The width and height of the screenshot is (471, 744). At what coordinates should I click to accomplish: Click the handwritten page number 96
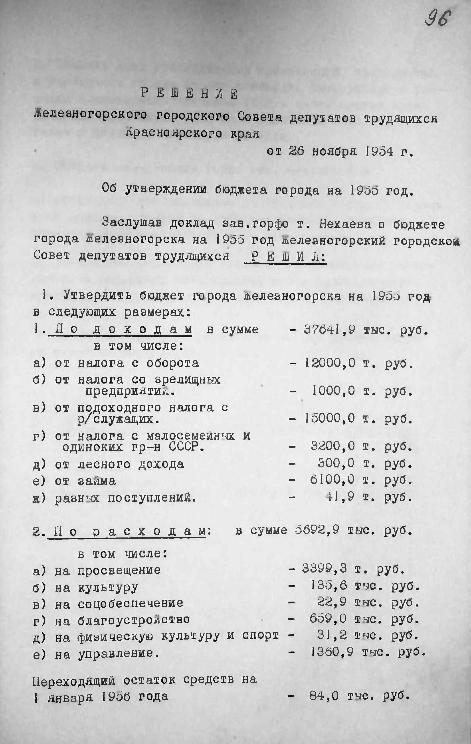tap(437, 19)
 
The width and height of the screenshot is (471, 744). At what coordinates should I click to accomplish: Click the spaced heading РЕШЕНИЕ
tap(189, 94)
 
